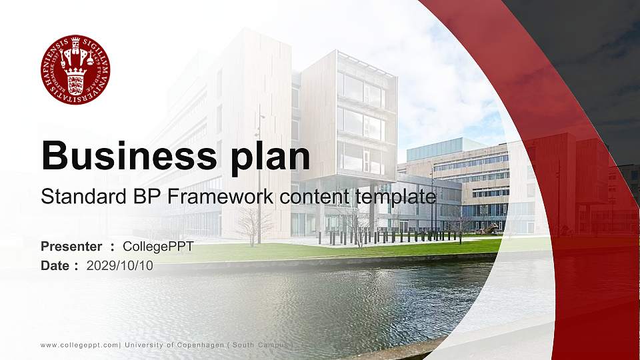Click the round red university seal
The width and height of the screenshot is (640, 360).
coord(75,69)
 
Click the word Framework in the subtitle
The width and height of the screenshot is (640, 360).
coord(188,197)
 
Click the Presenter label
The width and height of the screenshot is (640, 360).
coord(71,247)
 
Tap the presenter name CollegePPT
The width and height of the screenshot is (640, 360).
coord(158,247)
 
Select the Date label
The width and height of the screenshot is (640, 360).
coord(55,265)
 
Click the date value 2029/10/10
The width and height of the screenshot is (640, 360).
coord(120,265)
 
